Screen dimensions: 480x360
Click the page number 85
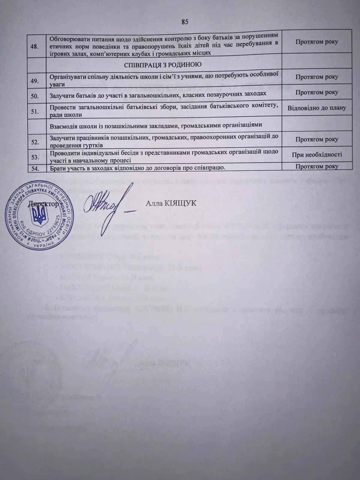(x=184, y=22)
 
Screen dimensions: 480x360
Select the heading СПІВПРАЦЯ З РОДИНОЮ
(x=163, y=65)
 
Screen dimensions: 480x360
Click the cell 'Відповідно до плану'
(x=317, y=108)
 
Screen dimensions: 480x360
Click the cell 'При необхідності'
(x=317, y=155)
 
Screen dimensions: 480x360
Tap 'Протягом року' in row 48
(x=317, y=42)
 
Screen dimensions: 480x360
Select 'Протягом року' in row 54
(x=317, y=166)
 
